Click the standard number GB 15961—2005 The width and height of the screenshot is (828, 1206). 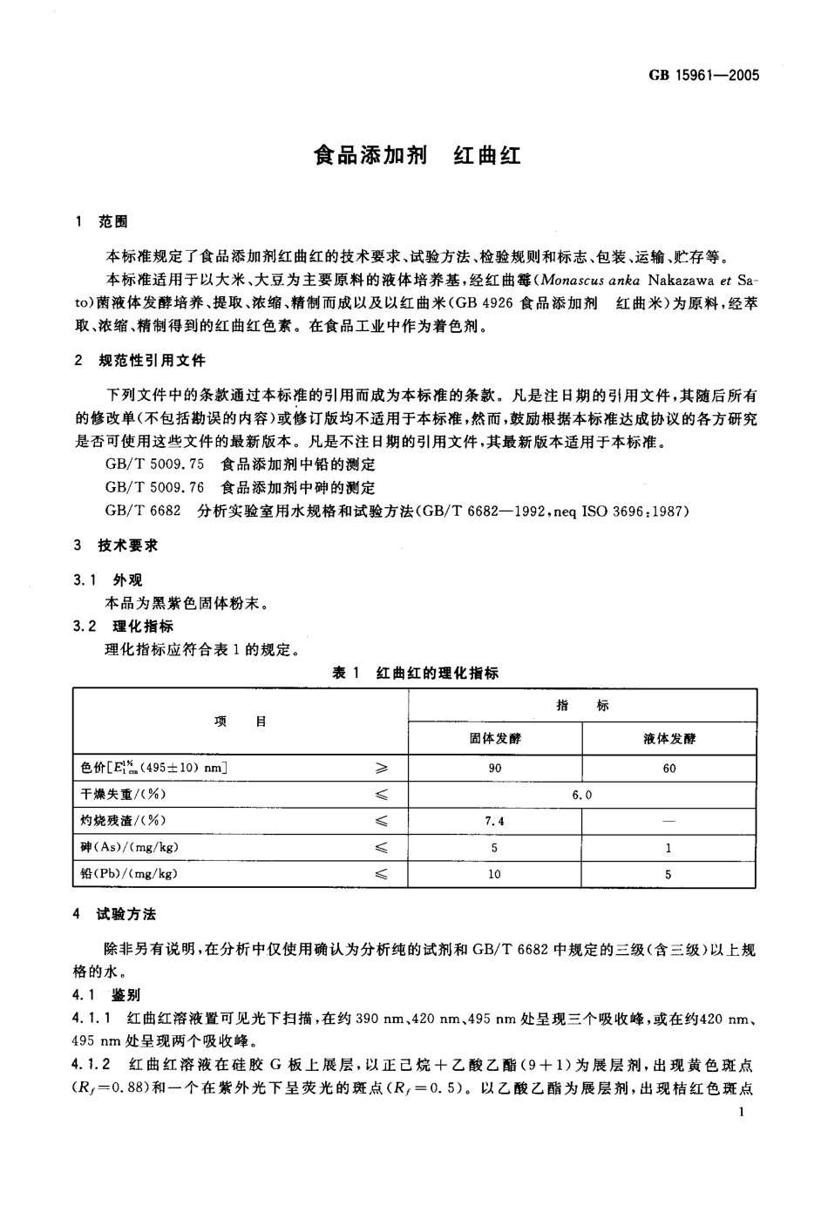click(703, 75)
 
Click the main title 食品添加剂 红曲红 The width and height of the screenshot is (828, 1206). click(417, 157)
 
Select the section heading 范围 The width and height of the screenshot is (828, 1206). click(113, 222)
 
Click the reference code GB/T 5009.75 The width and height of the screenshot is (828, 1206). click(154, 465)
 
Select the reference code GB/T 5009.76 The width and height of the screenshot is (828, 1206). click(154, 488)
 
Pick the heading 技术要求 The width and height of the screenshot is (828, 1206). click(128, 545)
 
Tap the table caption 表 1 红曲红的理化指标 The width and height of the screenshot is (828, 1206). click(416, 673)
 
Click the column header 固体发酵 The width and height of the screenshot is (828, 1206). click(495, 739)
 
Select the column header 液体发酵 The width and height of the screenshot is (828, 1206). click(669, 739)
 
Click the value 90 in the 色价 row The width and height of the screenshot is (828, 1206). click(495, 769)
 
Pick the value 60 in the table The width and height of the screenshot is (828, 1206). click(669, 769)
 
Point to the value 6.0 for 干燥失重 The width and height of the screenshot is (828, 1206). click(581, 795)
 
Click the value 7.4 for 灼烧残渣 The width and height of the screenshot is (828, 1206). click(495, 821)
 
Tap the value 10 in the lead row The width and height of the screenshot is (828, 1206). click(495, 873)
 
